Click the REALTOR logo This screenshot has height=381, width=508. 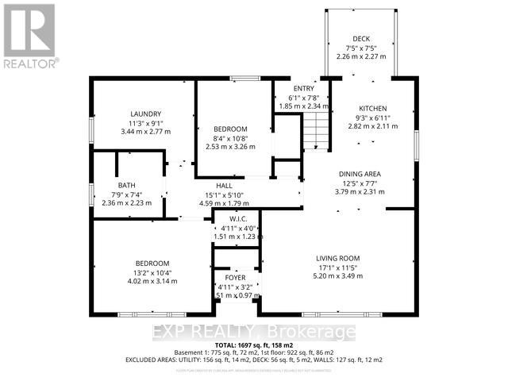click(x=29, y=36)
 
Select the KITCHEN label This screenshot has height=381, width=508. click(x=372, y=108)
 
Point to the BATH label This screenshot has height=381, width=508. click(x=116, y=186)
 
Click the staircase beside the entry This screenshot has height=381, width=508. click(x=317, y=131)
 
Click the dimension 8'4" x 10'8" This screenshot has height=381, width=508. click(x=231, y=138)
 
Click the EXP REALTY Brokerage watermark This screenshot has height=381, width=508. click(x=254, y=330)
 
